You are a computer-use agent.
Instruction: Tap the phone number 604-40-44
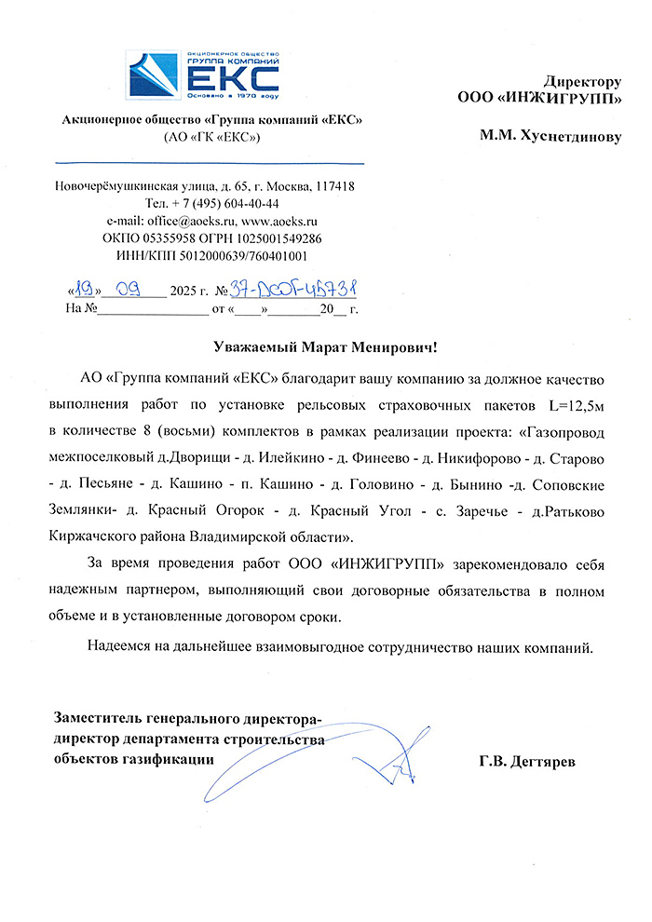point(245,204)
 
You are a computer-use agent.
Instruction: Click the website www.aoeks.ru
point(280,221)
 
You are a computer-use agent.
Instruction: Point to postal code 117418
point(333,186)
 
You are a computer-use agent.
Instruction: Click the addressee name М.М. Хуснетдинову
point(550,135)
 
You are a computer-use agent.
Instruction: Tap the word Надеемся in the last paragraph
point(122,645)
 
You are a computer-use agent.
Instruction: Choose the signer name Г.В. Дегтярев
point(528,762)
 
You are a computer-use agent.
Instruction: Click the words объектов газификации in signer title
point(132,758)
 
